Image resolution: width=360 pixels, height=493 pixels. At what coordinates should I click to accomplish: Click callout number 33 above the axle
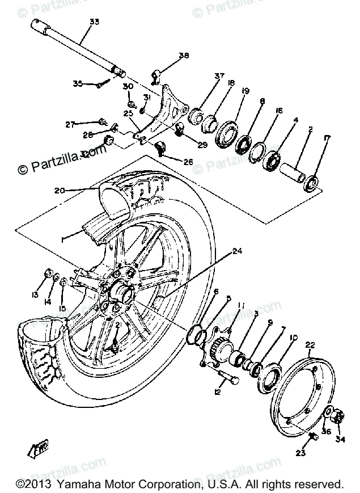pyautogui.click(x=94, y=22)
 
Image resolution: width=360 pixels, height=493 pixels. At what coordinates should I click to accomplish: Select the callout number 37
pyautogui.click(x=204, y=76)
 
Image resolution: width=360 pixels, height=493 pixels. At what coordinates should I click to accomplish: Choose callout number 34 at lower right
pyautogui.click(x=341, y=438)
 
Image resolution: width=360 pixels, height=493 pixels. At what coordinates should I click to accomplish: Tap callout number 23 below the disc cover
pyautogui.click(x=300, y=453)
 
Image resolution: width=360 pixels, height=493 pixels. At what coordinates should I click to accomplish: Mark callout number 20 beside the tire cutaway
pyautogui.click(x=60, y=190)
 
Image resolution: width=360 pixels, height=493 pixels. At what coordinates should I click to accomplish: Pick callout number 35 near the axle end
pyautogui.click(x=78, y=84)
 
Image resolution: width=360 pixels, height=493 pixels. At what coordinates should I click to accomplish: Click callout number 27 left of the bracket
pyautogui.click(x=70, y=123)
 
